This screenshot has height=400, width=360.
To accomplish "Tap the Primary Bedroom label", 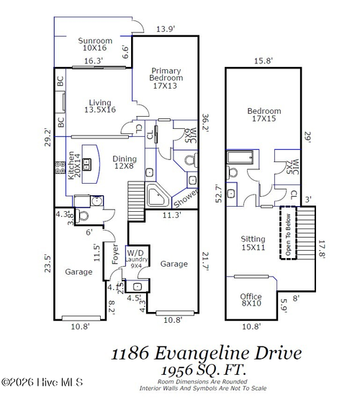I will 166,78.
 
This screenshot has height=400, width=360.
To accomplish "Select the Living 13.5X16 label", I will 100,107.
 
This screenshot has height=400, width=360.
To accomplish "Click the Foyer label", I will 114,255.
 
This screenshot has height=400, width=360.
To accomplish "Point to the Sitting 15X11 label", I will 253,243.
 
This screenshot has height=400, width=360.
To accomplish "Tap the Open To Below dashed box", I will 289,234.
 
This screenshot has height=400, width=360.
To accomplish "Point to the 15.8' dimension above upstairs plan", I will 264,62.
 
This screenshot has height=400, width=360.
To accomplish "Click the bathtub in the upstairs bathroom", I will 240,159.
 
